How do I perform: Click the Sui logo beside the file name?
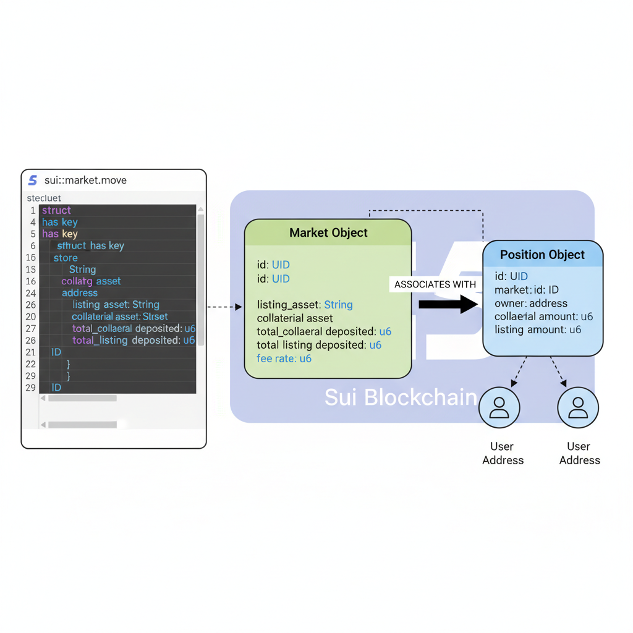pos(33,181)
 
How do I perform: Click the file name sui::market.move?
pos(85,181)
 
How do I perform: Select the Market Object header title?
pos(328,233)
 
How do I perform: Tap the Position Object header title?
pos(542,255)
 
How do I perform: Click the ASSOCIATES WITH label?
pos(435,284)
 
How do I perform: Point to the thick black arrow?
pos(448,304)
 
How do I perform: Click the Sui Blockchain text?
pos(401,397)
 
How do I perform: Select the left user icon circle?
pos(499,408)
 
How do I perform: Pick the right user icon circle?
pos(578,408)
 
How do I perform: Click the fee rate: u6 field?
pos(284,359)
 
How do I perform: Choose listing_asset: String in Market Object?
pos(305,305)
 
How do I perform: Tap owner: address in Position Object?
pos(531,304)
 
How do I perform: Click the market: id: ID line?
pos(527,290)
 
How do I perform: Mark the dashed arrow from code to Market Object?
pos(224,307)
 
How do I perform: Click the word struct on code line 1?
pos(56,210)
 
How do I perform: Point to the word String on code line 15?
pos(82,270)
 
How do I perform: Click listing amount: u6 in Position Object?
pos(538,329)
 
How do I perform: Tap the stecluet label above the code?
pos(44,198)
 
